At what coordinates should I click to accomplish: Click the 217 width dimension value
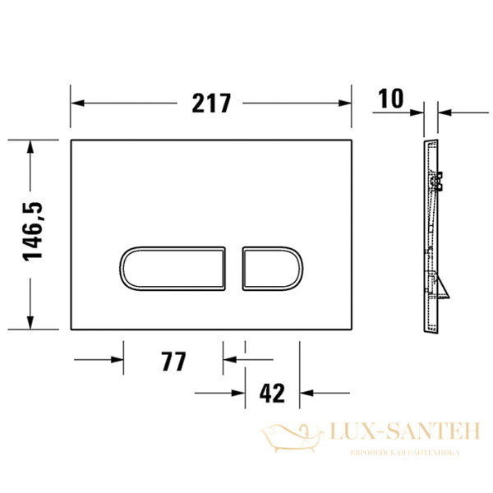(x=211, y=103)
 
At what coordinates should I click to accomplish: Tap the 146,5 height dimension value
(x=33, y=234)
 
